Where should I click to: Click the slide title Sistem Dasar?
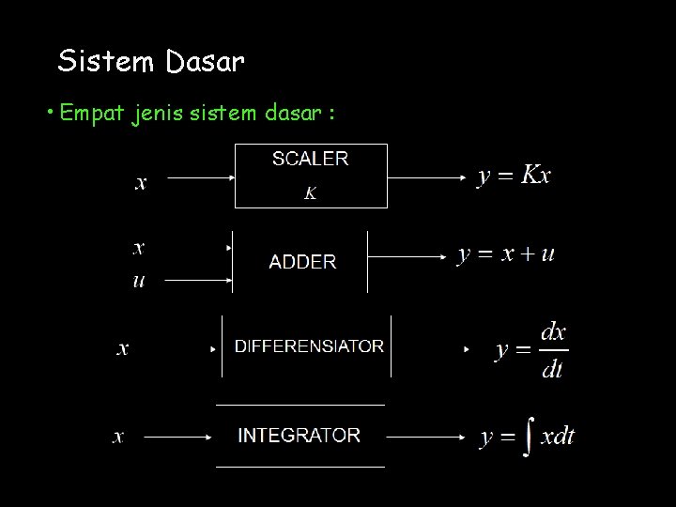click(151, 62)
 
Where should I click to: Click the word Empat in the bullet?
click(91, 115)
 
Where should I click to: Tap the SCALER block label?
click(310, 159)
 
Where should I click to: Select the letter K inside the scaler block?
click(310, 193)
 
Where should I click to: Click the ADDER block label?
click(302, 262)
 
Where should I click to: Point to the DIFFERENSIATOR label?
click(309, 346)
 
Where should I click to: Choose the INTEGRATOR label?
click(300, 436)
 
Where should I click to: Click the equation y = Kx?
click(515, 176)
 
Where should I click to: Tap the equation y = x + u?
click(506, 254)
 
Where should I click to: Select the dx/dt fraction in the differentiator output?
click(554, 349)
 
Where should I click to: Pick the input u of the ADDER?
click(139, 280)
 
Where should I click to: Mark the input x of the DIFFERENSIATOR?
click(122, 349)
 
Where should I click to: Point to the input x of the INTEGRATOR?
click(118, 437)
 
